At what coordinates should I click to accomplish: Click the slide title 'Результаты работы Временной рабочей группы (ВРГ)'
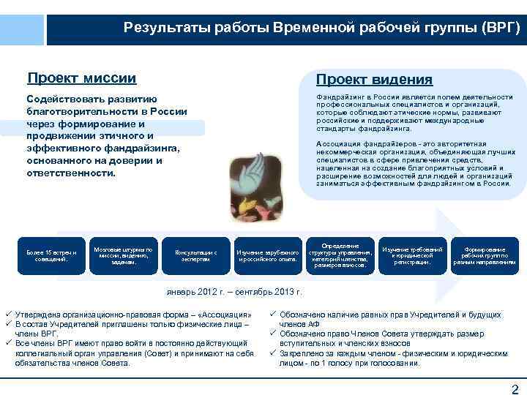pos(322,29)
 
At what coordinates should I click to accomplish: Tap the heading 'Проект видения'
pos(373,79)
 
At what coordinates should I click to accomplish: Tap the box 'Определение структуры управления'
pos(339,255)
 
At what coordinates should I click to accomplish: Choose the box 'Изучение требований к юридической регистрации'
pos(412,255)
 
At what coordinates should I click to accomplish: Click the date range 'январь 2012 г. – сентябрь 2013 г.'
pos(234,292)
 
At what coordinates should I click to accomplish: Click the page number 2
pos(514,388)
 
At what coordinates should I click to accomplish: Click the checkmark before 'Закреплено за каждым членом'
pos(272,353)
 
